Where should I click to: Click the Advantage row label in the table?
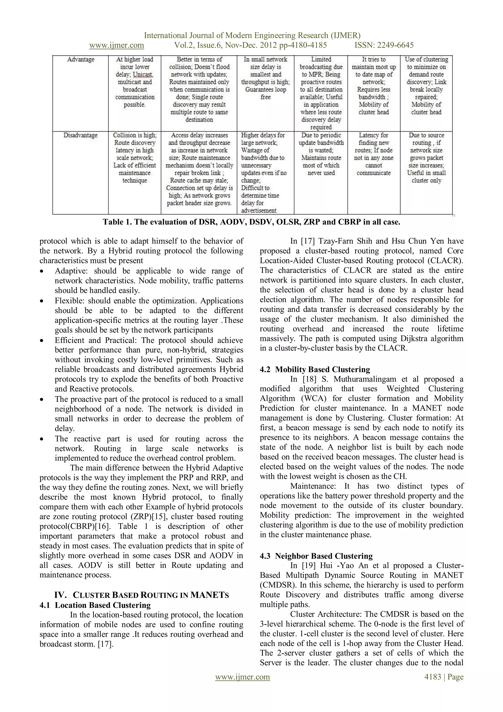[x=81, y=59]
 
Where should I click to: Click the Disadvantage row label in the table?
[x=80, y=135]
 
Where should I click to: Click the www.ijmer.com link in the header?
[x=116, y=45]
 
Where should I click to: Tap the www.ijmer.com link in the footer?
[x=242, y=677]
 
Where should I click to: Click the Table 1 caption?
[x=251, y=222]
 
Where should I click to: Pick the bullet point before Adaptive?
[x=42, y=271]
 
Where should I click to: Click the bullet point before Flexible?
[x=42, y=301]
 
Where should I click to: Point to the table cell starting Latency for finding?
[x=374, y=154]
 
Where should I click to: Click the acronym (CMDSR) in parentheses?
[x=274, y=585]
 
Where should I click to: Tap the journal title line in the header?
[x=252, y=35]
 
